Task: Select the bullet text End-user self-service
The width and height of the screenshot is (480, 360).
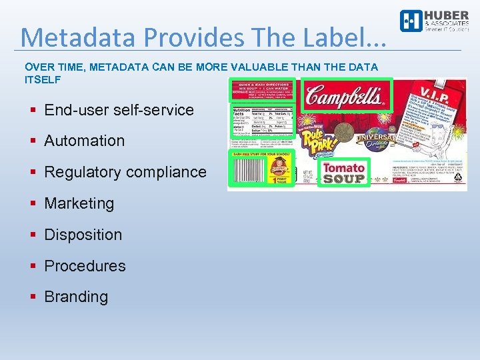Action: tap(119, 110)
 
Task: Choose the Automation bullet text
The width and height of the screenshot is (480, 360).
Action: tap(84, 141)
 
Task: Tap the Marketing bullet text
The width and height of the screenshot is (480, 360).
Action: tap(79, 203)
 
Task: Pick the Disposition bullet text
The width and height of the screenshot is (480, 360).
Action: tap(83, 235)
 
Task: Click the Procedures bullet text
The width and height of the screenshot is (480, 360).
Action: tap(85, 265)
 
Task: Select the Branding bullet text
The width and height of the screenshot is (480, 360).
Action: tap(75, 297)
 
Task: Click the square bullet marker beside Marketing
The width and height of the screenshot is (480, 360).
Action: tap(33, 203)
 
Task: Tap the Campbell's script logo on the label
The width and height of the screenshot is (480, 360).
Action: tap(346, 96)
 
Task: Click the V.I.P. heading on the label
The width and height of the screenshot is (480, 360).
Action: tap(434, 90)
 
